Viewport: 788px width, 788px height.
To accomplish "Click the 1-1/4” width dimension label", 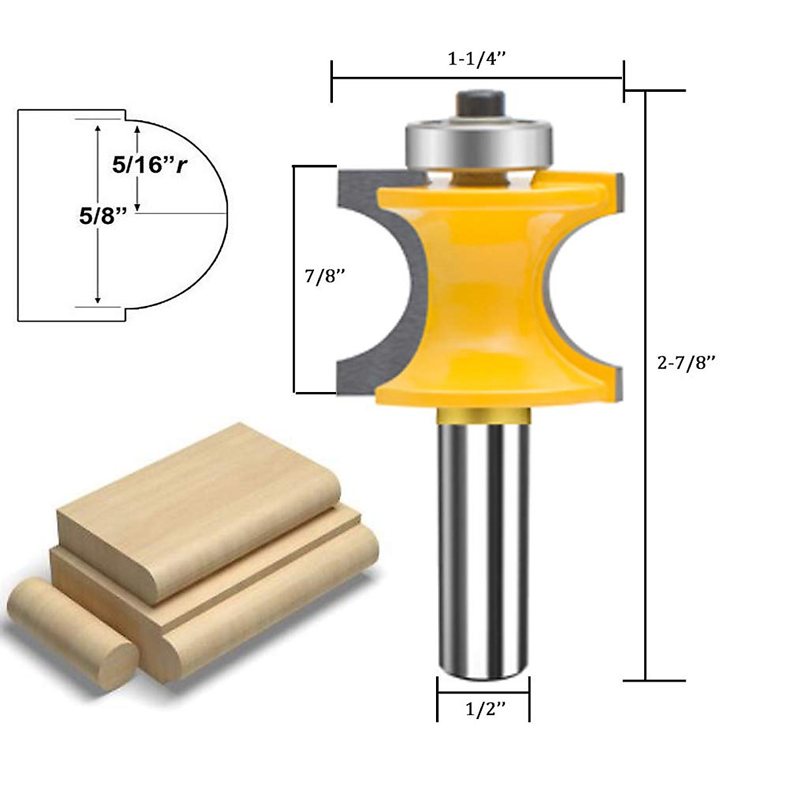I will tap(477, 59).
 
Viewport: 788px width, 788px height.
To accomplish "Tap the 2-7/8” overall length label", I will tap(686, 362).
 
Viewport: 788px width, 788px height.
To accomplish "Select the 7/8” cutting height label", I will tap(324, 277).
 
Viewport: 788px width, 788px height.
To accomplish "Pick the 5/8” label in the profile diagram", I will tap(98, 217).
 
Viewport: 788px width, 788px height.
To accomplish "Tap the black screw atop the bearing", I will tap(478, 102).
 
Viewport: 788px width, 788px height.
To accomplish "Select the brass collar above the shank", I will tap(483, 415).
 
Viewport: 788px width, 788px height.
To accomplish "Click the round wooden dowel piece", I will tap(72, 621).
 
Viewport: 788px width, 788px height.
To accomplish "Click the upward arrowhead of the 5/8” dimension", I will tap(98, 129).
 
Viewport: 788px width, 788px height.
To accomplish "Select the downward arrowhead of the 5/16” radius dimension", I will tap(137, 205).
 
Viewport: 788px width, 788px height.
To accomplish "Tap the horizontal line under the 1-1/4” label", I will tap(477, 78).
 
